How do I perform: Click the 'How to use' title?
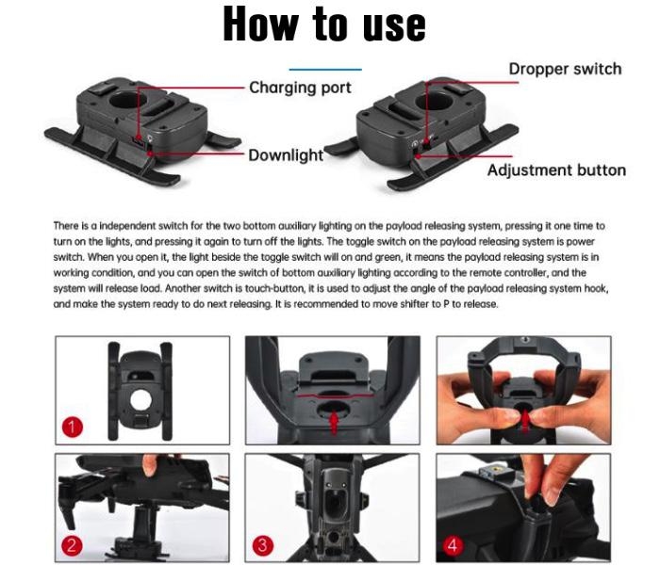point(324,24)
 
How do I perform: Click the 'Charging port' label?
point(300,88)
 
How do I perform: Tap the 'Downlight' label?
point(286,155)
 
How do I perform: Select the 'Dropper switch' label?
point(566,69)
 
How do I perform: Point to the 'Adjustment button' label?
point(556,170)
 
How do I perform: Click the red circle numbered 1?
point(73,427)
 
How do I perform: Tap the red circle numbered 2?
point(72,545)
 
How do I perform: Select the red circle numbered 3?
point(263,545)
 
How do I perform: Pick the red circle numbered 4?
point(453,545)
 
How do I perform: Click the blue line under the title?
point(325,70)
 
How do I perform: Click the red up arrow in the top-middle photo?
point(334,423)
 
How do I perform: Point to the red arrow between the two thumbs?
point(525,420)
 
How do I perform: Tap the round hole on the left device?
point(127,99)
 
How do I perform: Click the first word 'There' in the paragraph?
point(65,226)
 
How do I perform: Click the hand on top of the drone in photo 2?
point(150,464)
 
